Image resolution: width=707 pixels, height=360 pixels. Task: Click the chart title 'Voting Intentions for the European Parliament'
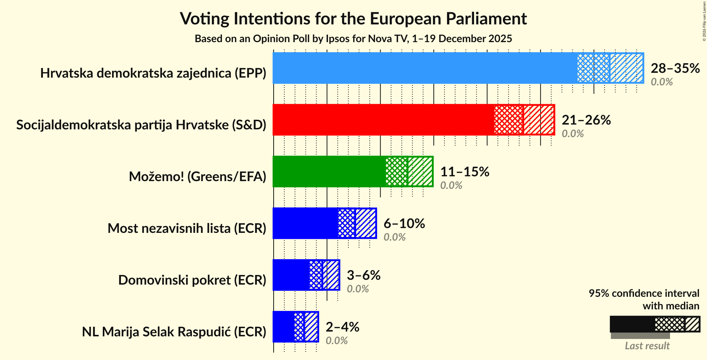pos(353,18)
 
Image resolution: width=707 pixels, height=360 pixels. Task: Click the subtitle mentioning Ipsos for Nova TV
pos(353,38)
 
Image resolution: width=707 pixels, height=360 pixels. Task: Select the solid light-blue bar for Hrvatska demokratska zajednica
pos(424,68)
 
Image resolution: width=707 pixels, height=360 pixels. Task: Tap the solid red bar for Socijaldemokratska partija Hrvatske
pos(383,120)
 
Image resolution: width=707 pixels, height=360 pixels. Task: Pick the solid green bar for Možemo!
pos(329,171)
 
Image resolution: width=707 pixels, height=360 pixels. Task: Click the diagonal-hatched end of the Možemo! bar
pos(420,171)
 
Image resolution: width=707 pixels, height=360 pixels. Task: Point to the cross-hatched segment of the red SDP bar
pos(508,120)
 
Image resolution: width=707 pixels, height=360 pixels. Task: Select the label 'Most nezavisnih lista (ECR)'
pos(187,228)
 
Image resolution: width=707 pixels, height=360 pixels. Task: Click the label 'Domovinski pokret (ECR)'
pos(192,280)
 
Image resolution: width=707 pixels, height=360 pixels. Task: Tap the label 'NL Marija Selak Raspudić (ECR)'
pos(174,332)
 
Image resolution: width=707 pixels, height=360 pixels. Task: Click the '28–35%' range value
pos(675,68)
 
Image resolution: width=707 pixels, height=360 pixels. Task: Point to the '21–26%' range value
pos(586,120)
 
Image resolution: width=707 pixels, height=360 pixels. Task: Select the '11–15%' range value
pos(464,171)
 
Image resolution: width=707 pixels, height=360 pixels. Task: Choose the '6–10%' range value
pos(404,223)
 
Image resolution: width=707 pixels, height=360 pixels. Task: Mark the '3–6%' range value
pos(363,275)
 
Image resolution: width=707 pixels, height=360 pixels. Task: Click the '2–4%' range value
pos(342,327)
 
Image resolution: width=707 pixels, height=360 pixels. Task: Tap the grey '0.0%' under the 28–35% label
pos(662,82)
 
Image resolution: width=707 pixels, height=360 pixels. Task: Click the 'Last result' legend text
pos(647,346)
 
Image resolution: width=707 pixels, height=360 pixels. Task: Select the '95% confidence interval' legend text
pos(644,293)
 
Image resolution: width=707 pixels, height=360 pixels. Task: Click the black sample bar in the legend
pos(632,324)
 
